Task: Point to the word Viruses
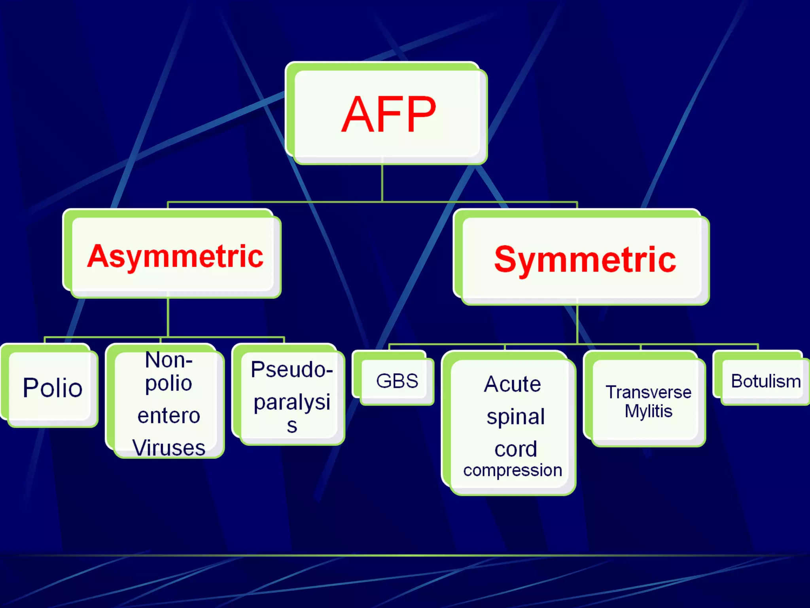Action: (x=169, y=448)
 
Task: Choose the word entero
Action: (x=169, y=416)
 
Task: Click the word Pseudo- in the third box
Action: (x=291, y=369)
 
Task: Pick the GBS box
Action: (x=397, y=381)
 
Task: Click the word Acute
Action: (x=512, y=384)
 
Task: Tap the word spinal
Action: (x=515, y=417)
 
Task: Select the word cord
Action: (x=515, y=449)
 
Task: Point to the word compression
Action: (x=513, y=470)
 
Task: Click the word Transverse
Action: (x=648, y=392)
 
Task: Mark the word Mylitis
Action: (x=648, y=411)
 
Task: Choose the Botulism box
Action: (x=765, y=381)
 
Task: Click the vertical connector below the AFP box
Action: (x=382, y=183)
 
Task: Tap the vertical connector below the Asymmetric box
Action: (x=168, y=317)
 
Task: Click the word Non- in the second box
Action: (x=169, y=360)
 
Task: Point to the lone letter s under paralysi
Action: (x=292, y=426)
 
